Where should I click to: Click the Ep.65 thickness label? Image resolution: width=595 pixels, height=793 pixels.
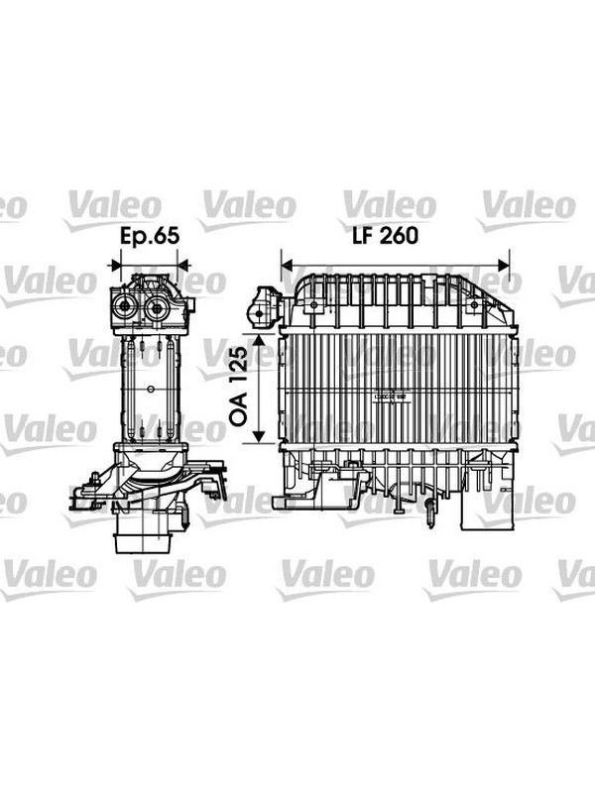tap(150, 236)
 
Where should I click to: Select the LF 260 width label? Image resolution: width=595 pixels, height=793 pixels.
tap(386, 236)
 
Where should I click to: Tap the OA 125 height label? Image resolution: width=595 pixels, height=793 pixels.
tap(239, 386)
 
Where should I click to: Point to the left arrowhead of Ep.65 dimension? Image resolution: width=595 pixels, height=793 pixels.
tap(116, 265)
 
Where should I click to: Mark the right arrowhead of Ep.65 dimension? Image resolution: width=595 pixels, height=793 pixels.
tap(182, 265)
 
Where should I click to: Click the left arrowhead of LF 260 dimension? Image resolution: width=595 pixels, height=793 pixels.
tap(287, 265)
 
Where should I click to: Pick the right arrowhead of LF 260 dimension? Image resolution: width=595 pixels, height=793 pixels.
tap(504, 265)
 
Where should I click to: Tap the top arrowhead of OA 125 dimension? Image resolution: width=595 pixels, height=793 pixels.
tap(259, 339)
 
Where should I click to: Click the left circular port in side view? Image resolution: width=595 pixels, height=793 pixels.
tap(124, 306)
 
